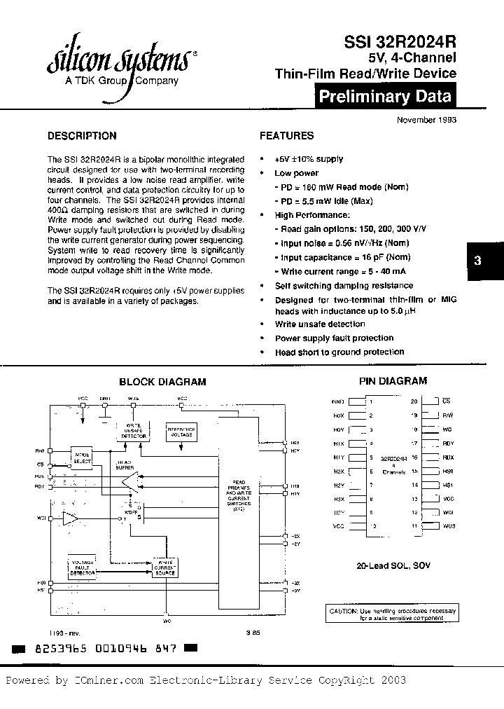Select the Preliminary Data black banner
coord(384,97)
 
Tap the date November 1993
coord(427,120)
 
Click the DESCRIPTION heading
coord(82,136)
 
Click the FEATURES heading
coord(287,136)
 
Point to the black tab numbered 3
coord(477,260)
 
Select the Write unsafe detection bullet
coord(320,324)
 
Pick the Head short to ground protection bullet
coord(339,352)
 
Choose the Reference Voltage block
coord(181,431)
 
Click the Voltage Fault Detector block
coord(83,567)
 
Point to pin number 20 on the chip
coord(414,401)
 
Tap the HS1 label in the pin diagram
coord(449,485)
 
